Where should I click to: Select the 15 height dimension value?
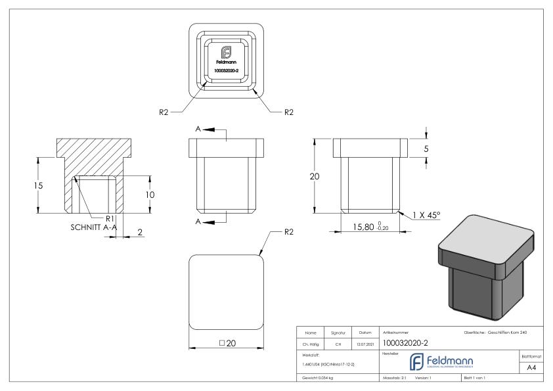click(39, 185)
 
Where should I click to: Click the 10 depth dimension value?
click(150, 195)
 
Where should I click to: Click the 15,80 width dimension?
click(371, 227)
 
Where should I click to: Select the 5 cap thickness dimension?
click(426, 149)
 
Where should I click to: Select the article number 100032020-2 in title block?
click(407, 342)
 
